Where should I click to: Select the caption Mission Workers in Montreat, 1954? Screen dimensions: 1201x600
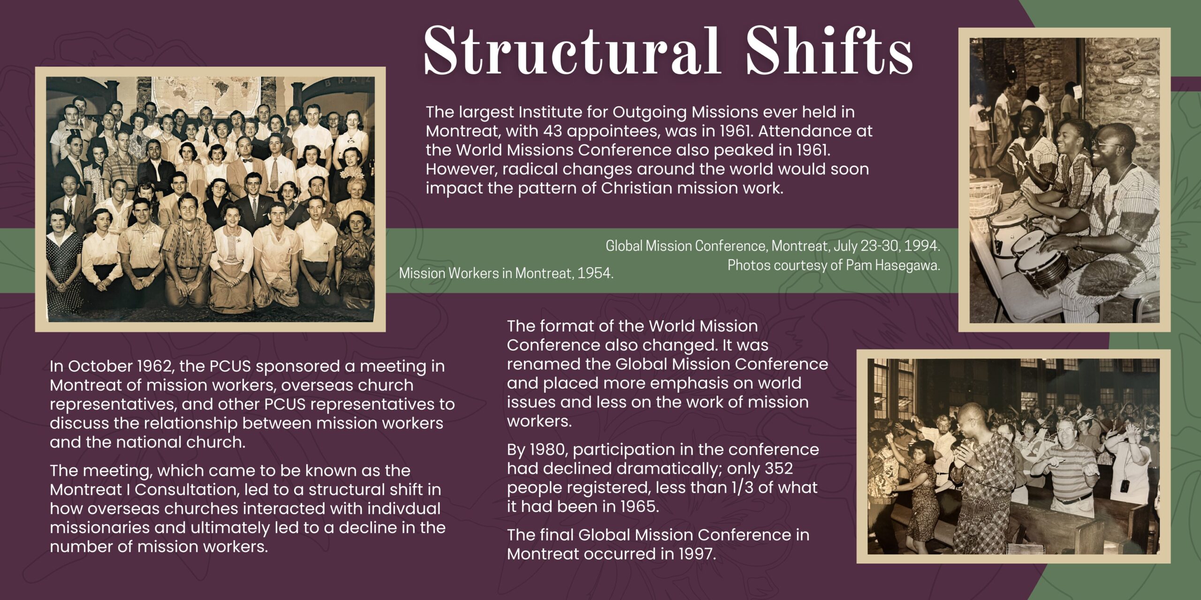(x=506, y=273)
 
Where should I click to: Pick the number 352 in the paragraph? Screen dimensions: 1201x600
(x=779, y=469)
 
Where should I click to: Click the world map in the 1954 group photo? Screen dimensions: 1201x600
(x=207, y=96)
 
